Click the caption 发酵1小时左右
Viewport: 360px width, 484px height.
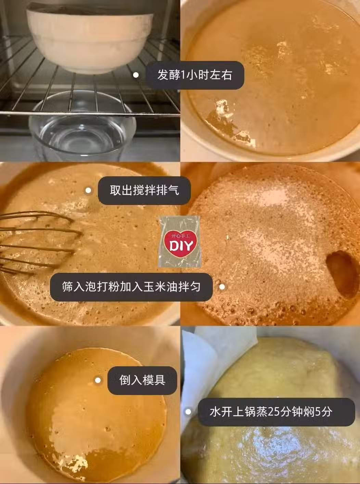(194, 75)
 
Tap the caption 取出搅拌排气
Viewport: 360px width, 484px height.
(144, 191)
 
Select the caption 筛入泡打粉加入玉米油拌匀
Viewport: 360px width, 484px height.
(131, 287)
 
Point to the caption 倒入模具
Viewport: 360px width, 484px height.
(142, 380)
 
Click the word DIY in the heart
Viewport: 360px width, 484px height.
(180, 246)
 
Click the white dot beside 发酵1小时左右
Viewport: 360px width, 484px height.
(136, 75)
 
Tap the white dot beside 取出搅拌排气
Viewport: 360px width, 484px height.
(88, 191)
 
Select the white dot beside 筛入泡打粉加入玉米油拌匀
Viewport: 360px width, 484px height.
(222, 287)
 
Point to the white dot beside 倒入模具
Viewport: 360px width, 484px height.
(98, 380)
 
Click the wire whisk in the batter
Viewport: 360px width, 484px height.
(37, 242)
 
